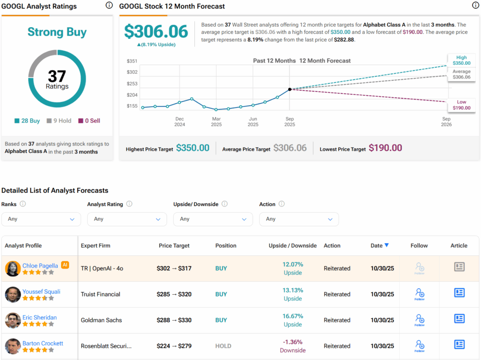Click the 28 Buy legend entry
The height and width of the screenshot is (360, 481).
click(27, 121)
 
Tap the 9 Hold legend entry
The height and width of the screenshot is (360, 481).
click(59, 121)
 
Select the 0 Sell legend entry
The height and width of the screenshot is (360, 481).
click(89, 121)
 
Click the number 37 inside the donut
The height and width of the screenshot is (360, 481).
click(57, 76)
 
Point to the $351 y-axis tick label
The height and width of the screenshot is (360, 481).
click(132, 61)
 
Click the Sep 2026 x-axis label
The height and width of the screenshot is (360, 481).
click(446, 122)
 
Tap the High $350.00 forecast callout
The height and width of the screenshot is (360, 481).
click(461, 60)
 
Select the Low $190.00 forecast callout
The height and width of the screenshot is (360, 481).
click(461, 105)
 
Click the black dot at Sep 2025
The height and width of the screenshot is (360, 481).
click(290, 89)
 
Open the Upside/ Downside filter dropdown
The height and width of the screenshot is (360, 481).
click(213, 219)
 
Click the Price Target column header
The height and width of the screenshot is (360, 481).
click(174, 245)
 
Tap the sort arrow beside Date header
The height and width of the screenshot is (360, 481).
click(387, 245)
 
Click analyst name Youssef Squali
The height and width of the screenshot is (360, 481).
click(41, 291)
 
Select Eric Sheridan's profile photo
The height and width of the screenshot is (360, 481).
click(13, 320)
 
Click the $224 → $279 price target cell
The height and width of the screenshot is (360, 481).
click(174, 346)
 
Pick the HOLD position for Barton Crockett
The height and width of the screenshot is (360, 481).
click(223, 346)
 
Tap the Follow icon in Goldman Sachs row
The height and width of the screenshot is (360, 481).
click(419, 320)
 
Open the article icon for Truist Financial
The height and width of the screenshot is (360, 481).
click(459, 293)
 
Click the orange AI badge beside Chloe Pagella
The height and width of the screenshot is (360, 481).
click(65, 265)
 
